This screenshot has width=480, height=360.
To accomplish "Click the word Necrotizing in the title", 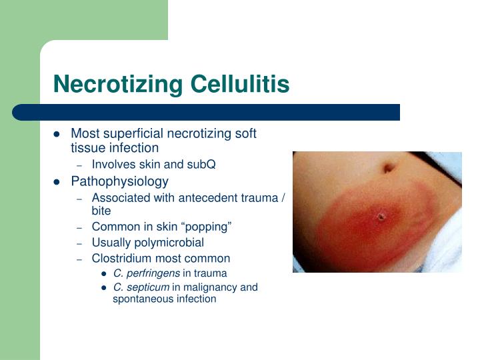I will click(x=119, y=85).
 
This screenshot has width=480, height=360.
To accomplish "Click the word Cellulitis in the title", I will click(x=240, y=85).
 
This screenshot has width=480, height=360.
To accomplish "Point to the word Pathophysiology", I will click(x=119, y=181).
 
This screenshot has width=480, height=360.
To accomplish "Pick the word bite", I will click(x=101, y=210).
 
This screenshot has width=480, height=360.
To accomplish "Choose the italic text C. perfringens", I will click(x=146, y=273).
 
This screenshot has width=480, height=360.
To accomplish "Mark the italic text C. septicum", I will click(x=141, y=287).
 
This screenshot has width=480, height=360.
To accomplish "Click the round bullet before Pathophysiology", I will click(x=57, y=181).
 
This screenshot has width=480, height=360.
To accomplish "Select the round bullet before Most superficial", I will click(x=57, y=134).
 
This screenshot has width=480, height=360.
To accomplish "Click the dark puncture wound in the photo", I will click(x=381, y=216).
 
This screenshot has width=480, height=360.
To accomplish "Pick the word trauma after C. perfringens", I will click(x=210, y=273).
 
